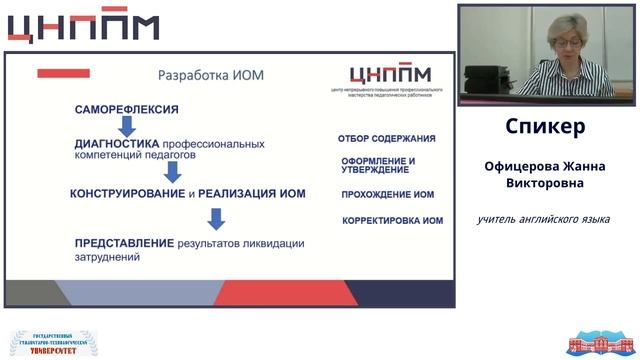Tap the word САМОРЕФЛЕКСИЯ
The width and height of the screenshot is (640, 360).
(127, 108)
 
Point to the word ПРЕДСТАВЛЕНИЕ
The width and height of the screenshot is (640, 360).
(124, 242)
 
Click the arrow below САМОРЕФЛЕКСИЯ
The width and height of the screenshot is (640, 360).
(127, 126)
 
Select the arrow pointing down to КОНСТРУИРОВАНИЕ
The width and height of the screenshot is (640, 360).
(172, 172)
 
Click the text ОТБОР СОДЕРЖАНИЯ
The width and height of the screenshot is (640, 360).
(386, 138)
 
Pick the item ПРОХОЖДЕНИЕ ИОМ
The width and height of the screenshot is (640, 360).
(387, 194)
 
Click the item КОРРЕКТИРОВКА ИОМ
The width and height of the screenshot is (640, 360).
(392, 220)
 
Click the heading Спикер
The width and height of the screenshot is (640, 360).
(545, 128)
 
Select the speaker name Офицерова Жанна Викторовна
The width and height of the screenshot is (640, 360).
(545, 175)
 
